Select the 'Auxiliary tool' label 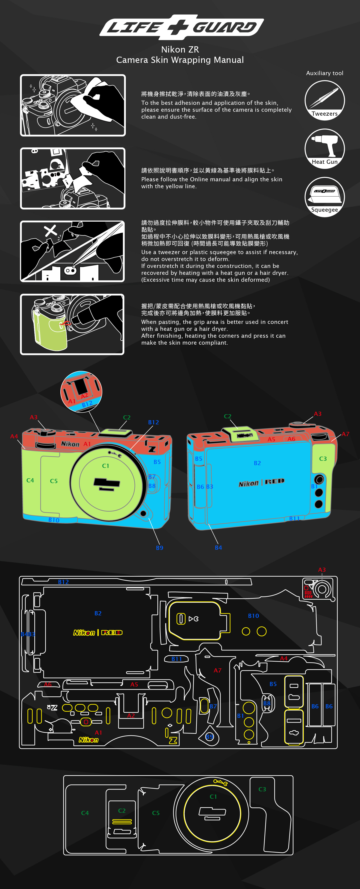click(x=325, y=73)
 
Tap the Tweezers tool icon click(x=325, y=100)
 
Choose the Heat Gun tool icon click(x=325, y=148)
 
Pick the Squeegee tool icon click(x=325, y=197)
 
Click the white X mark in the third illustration click(x=50, y=230)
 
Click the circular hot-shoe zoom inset click(x=81, y=392)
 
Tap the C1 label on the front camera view click(x=106, y=466)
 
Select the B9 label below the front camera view click(x=159, y=548)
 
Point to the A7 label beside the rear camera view click(x=345, y=434)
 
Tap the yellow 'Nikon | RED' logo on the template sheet click(x=98, y=633)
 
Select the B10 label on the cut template click(x=253, y=616)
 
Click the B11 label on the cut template click(x=177, y=659)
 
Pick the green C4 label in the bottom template click(x=85, y=813)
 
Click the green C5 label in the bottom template click(x=156, y=813)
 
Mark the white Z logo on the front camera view click(x=152, y=449)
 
